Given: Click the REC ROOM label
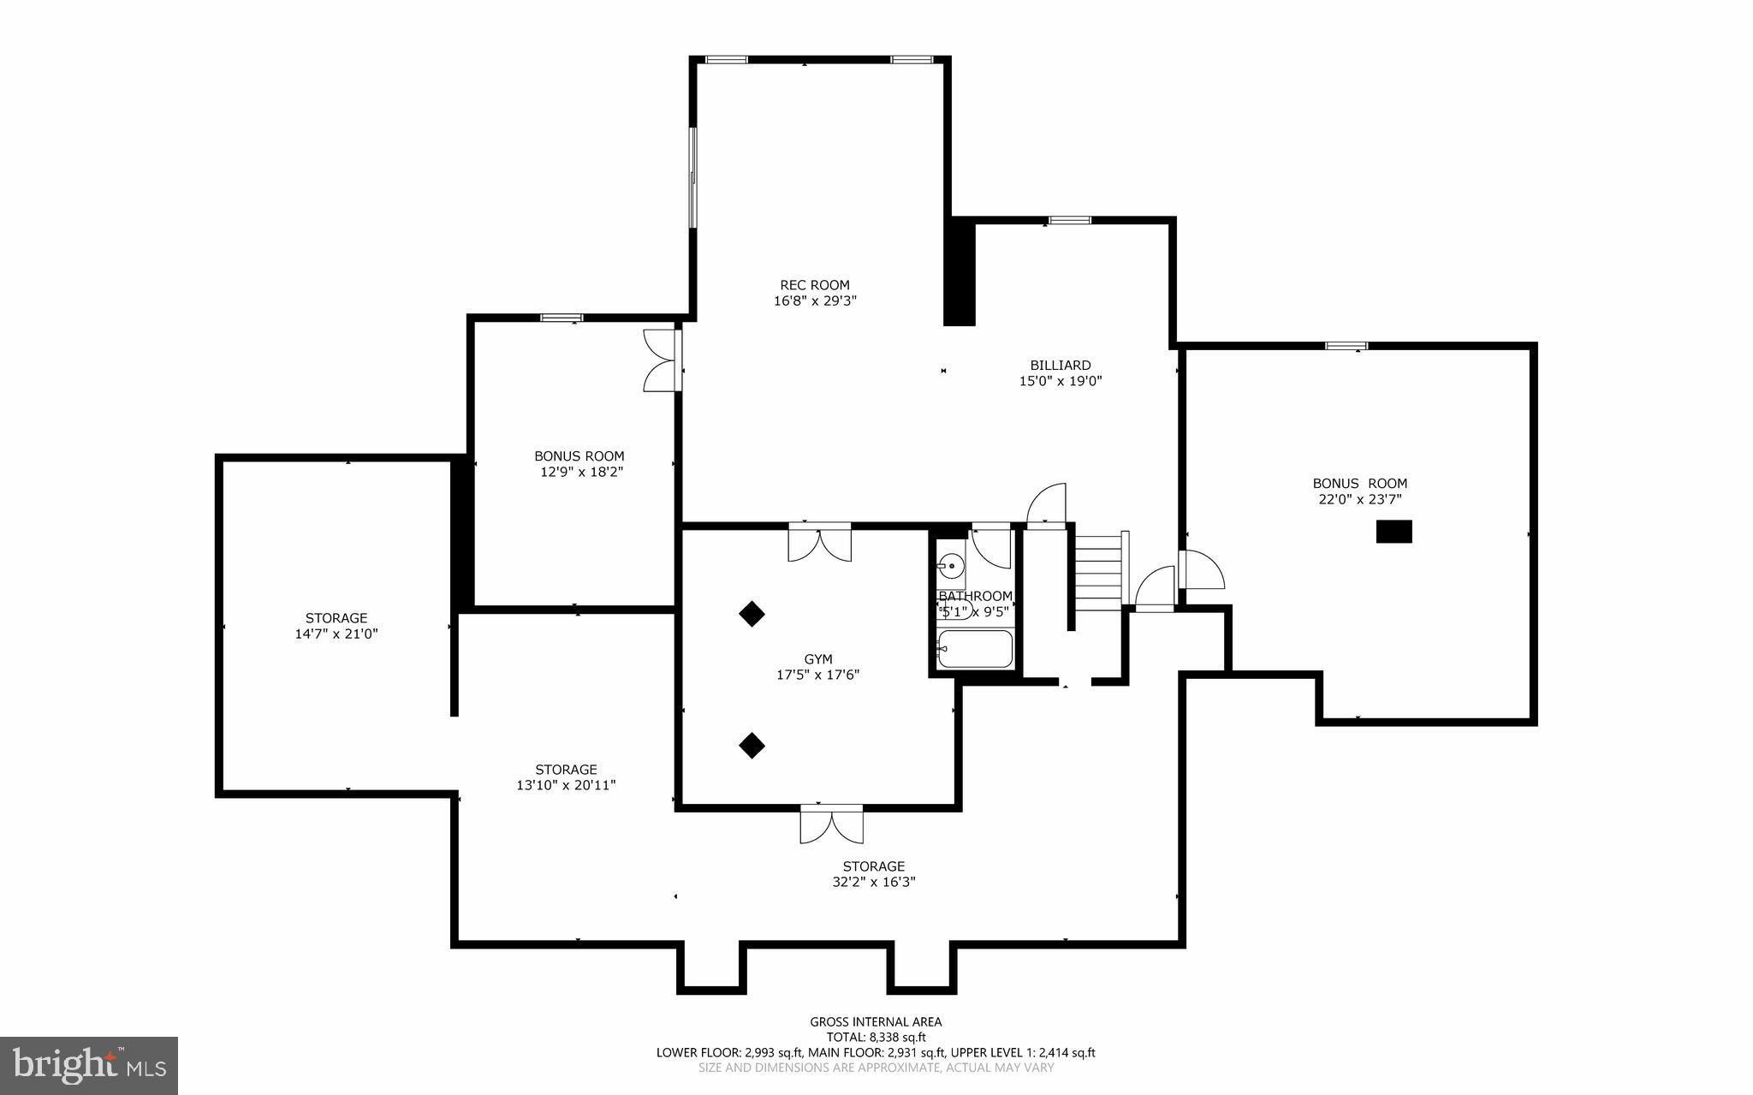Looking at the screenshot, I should point(814,285).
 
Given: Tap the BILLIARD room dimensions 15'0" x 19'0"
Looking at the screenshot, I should point(1060,382).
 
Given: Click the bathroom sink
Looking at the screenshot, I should point(950,566).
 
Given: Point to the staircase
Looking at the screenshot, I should point(1098,571).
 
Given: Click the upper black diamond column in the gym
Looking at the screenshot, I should point(752,614).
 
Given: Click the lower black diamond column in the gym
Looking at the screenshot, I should point(752,745).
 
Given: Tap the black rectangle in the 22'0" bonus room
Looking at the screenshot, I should point(1393,532).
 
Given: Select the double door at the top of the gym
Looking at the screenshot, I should point(819,543).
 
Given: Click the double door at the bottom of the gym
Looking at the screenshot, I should point(831,824).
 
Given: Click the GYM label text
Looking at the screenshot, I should point(817,659).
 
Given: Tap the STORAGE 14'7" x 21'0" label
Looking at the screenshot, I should point(336,626).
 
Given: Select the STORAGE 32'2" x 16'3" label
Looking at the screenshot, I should point(873,874).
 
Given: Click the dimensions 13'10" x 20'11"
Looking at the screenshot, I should point(566,785).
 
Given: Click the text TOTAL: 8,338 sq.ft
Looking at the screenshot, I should point(876,1037).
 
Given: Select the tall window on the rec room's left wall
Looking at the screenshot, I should point(693,177).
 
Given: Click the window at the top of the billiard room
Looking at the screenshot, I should point(1070,221).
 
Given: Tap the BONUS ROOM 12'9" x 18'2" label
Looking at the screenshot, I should point(579,464).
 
